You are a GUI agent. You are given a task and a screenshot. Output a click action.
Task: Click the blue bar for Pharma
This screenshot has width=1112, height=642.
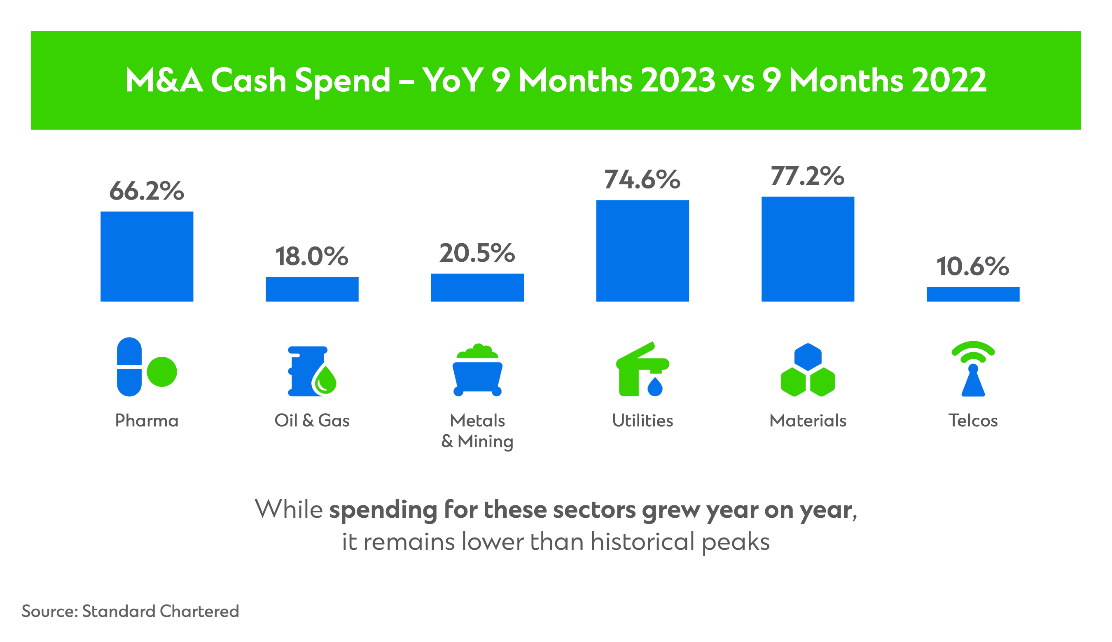[x=147, y=257]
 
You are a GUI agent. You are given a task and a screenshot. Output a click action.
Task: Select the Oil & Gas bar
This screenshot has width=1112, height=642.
[x=312, y=289]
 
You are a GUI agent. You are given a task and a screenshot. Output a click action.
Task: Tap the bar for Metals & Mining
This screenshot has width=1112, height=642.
[x=477, y=288]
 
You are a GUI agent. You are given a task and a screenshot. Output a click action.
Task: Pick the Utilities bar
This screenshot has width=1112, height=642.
[x=642, y=251]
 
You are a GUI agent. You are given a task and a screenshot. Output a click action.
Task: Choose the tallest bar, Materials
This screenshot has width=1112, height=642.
[x=808, y=249]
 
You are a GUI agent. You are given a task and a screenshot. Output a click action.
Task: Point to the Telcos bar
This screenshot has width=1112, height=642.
[x=973, y=294]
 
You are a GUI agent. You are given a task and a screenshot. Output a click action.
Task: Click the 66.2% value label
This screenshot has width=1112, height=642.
[x=147, y=191]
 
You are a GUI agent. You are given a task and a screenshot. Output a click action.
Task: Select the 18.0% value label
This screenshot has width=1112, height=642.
[x=312, y=257]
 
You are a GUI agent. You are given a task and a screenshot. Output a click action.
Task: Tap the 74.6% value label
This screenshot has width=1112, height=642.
[x=642, y=180]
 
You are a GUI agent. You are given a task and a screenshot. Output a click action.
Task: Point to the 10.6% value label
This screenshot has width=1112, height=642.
[x=973, y=267]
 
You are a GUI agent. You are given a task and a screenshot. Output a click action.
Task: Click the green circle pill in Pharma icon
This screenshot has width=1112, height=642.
[x=162, y=372]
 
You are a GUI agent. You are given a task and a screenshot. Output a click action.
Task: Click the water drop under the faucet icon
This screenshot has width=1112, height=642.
[x=655, y=387]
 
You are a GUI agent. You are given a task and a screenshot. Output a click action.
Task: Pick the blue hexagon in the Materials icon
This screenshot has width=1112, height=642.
[x=808, y=357]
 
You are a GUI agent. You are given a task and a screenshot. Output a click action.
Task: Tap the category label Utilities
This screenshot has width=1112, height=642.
[x=642, y=421]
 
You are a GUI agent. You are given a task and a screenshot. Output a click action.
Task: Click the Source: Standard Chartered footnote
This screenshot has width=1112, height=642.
[x=131, y=611]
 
